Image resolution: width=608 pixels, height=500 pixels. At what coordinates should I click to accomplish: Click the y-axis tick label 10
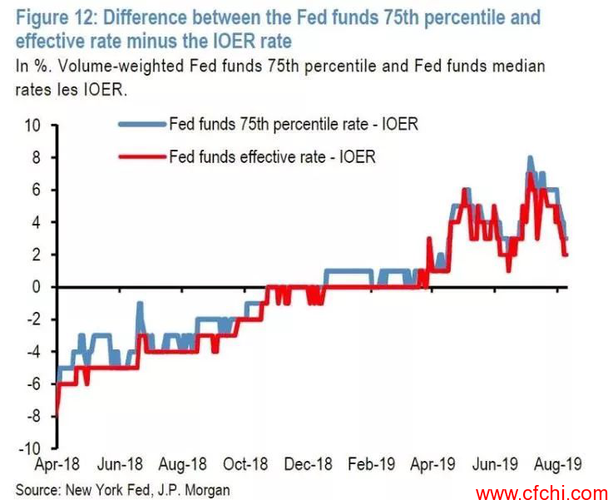[x=32, y=126]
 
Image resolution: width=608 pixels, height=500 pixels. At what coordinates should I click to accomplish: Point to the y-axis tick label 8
[x=36, y=158]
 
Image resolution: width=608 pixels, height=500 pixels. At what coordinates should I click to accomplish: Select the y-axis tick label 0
[x=36, y=287]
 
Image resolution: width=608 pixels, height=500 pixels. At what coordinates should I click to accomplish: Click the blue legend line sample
[x=142, y=125]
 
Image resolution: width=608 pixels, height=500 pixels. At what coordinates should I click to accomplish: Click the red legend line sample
[x=142, y=156]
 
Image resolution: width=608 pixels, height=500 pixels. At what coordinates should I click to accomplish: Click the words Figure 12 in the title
[x=52, y=17]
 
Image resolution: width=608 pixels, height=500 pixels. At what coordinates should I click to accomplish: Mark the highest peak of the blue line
[x=530, y=157]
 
